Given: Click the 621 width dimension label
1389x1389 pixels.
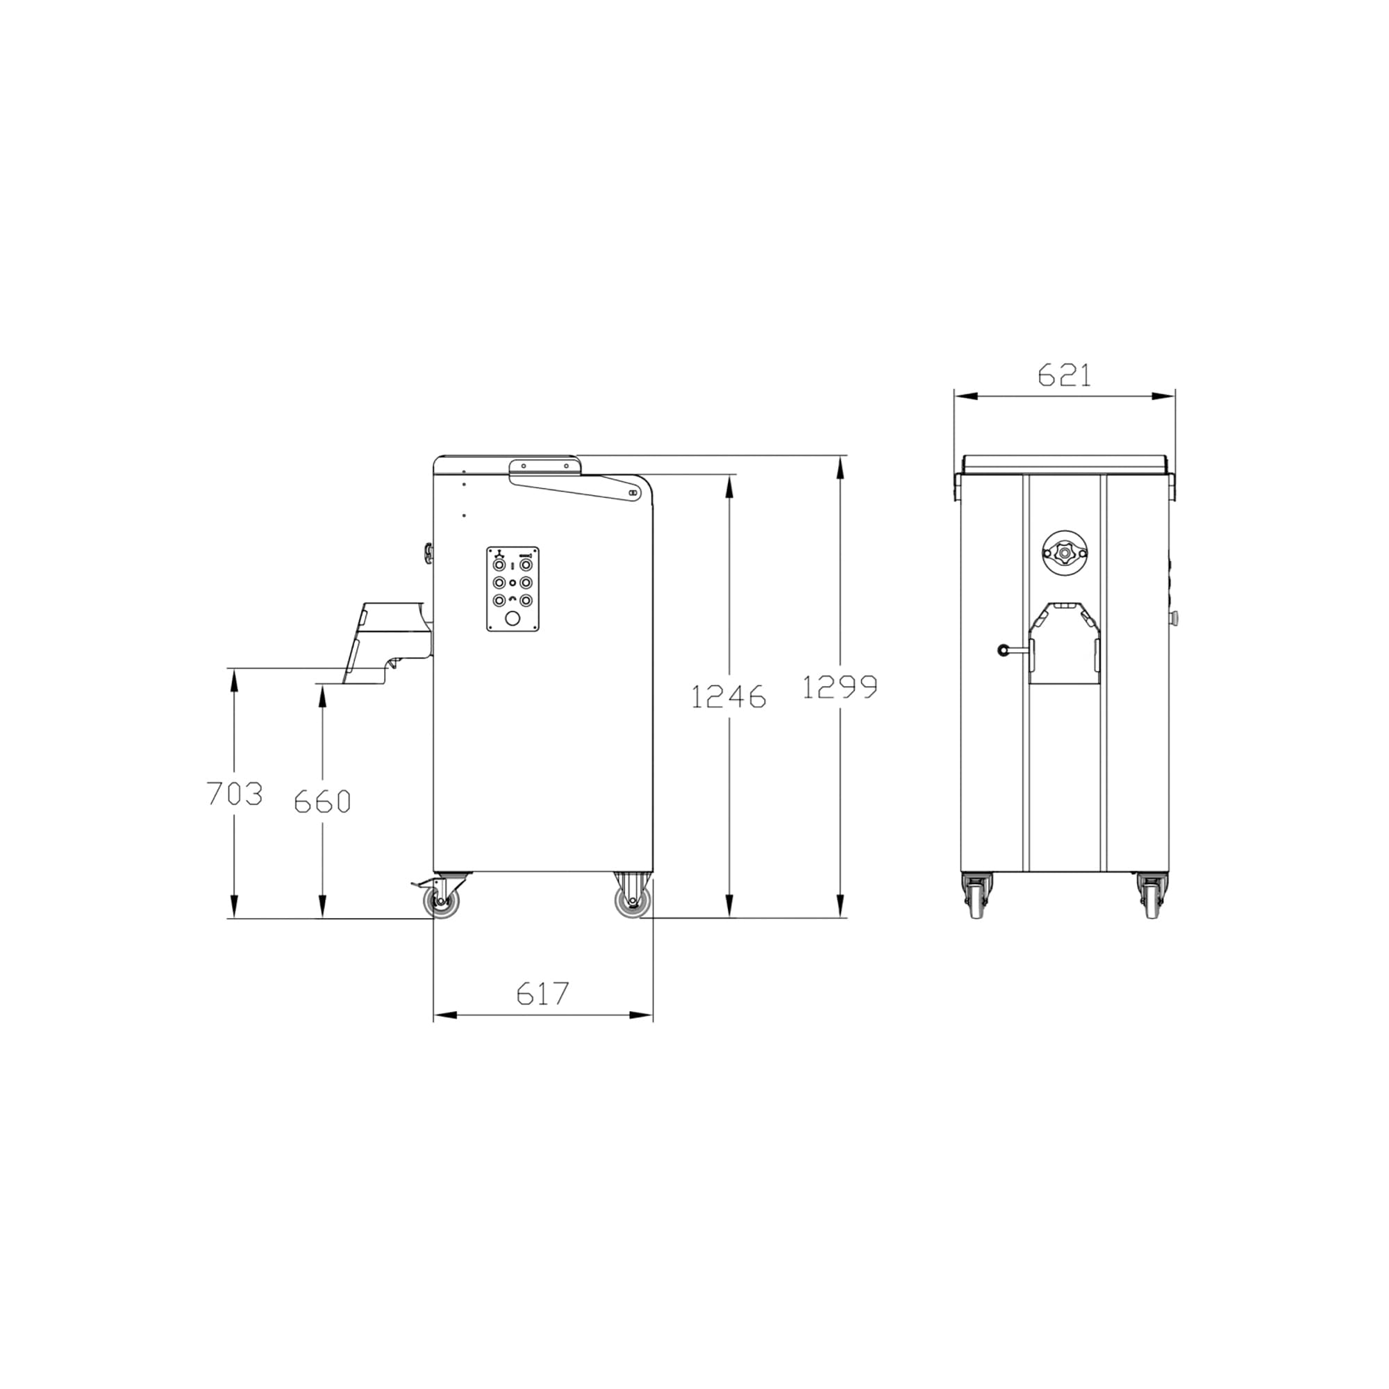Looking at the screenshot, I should point(1064,375).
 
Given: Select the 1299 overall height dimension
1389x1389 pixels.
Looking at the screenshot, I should point(840,687).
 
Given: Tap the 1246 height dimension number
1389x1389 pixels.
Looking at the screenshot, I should point(729,697).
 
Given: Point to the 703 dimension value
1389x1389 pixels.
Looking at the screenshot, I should point(234,794).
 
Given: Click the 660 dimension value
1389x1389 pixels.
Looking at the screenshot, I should point(322,801).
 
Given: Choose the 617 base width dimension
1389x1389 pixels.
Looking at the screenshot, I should point(543,994).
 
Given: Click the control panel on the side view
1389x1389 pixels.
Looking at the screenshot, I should point(513,589).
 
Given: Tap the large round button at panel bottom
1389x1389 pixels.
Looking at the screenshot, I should point(513,618).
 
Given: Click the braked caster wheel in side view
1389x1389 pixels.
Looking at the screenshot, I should point(440,901).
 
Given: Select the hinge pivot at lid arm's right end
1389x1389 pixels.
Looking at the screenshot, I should point(633,493).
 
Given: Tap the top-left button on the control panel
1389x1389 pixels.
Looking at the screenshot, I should point(498,565).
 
